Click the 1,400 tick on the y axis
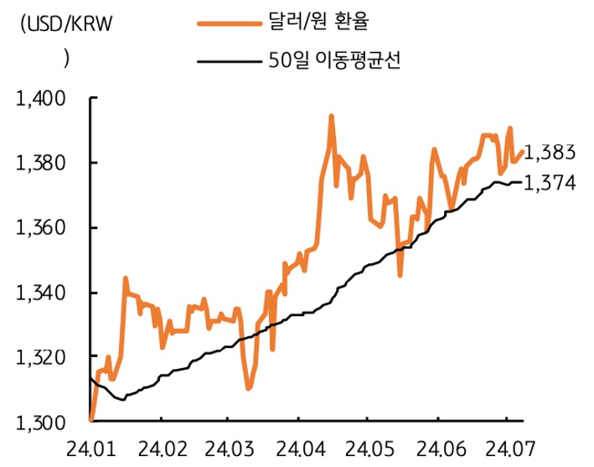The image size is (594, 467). click(40, 99)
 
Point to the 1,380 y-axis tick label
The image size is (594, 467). click(40, 163)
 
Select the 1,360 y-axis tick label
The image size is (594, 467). click(40, 228)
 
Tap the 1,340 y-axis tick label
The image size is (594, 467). click(40, 293)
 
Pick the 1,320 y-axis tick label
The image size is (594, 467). click(40, 358)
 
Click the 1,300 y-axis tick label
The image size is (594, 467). click(40, 423)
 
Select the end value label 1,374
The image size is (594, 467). click(553, 183)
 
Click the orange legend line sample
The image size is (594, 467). click(229, 24)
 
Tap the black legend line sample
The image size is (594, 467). click(229, 61)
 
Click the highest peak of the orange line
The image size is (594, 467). click(332, 117)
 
